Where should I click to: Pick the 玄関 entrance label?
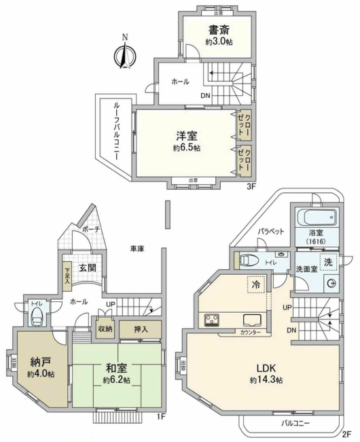click(x=86, y=267)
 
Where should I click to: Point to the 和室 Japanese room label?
click(x=116, y=367)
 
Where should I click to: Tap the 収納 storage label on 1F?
click(x=105, y=327)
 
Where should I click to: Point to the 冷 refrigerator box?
click(x=257, y=284)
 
